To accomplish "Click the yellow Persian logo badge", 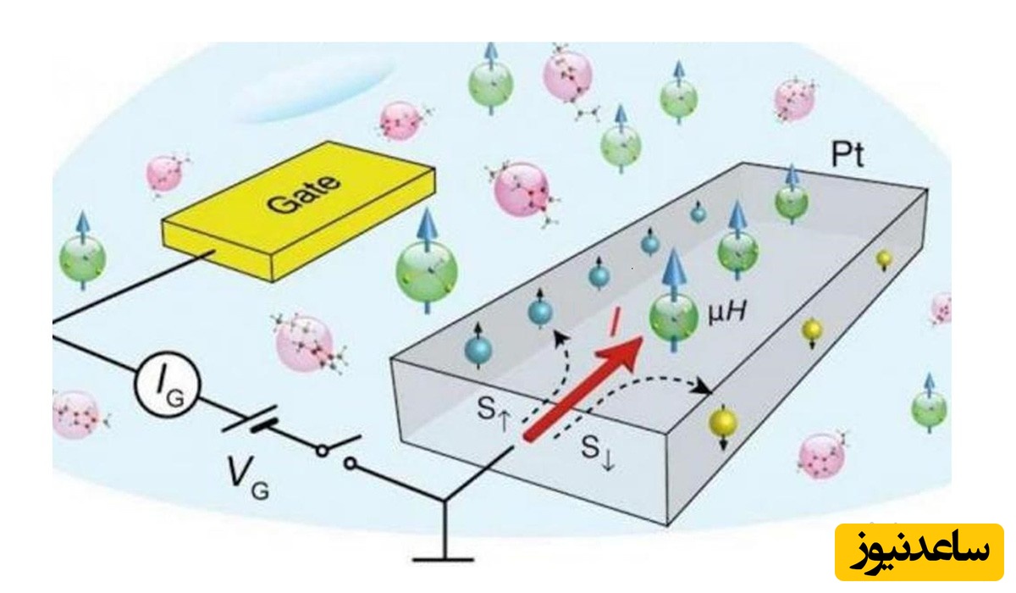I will coord(919,551).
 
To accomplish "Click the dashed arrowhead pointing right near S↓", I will coord(705,389).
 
